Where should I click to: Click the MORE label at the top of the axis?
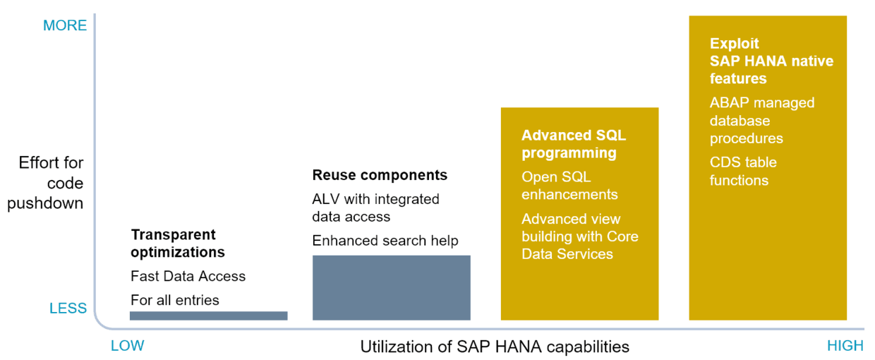65,25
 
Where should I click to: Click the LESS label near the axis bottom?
68,308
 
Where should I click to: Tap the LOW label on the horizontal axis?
127,346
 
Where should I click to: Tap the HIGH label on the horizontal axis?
845,346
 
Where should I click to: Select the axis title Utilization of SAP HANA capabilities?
495,347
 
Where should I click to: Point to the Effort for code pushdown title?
51,183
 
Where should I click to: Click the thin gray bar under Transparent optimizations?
208,316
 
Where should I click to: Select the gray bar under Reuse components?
391,287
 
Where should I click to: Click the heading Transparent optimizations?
178,243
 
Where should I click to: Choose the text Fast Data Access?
188,276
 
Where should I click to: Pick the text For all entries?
175,300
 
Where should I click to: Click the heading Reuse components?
380,175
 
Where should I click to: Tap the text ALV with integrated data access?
375,208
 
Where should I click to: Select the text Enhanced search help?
385,241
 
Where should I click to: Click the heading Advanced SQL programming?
573,144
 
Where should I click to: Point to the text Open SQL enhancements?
569,185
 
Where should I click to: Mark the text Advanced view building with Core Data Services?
579,236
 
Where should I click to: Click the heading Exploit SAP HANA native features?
771,61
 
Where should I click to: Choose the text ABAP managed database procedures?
762,121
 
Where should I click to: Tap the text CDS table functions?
743,171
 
